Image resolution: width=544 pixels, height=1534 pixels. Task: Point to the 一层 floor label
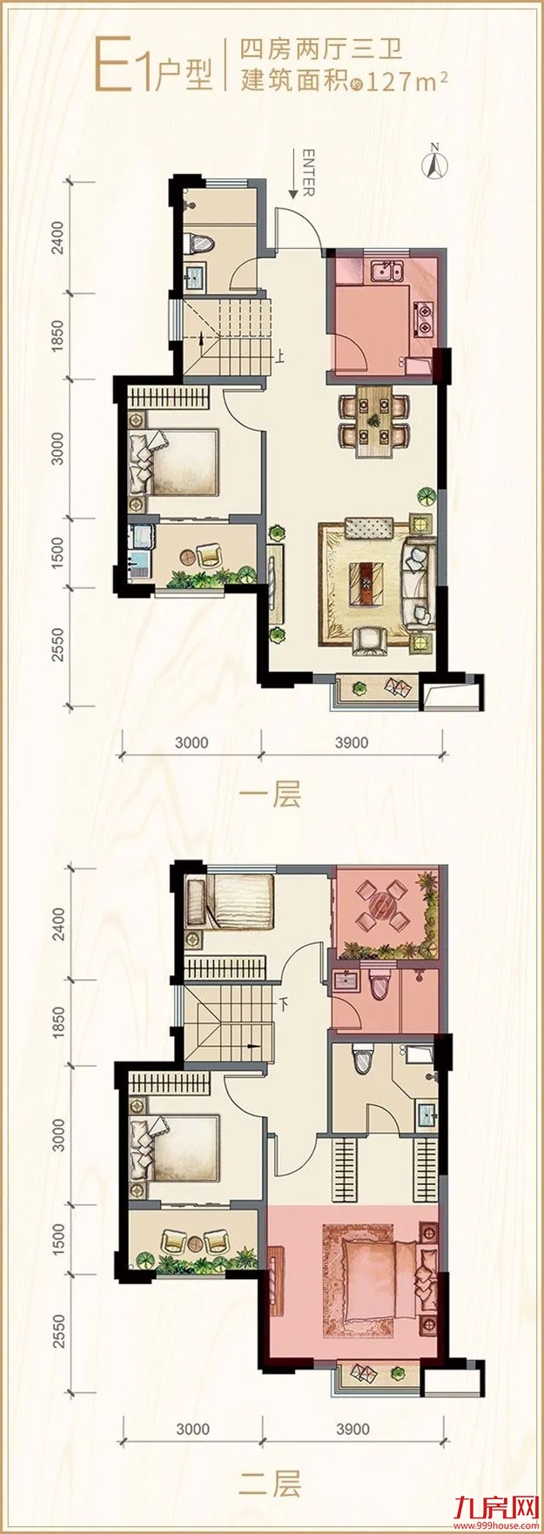[x=275, y=794]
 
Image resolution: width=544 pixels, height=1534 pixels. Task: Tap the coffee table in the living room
[x=365, y=582]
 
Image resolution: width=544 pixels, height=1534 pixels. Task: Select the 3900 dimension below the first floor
[x=353, y=742]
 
